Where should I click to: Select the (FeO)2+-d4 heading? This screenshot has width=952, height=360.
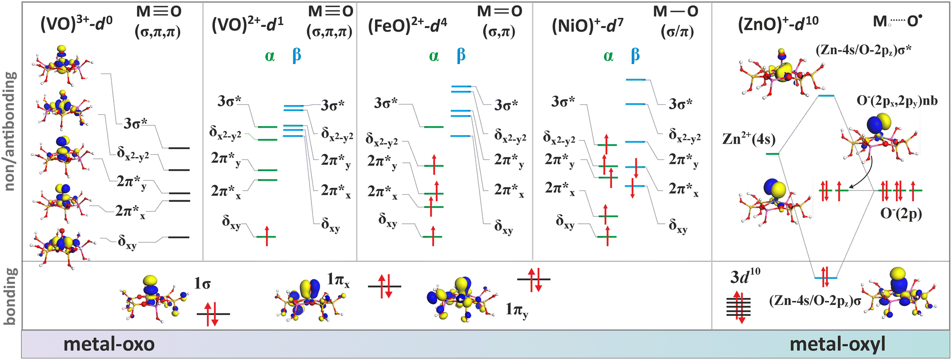pos(407,26)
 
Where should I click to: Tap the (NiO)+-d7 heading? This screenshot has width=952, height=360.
pos(587,26)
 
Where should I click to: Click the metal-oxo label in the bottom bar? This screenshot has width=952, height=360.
pos(109,344)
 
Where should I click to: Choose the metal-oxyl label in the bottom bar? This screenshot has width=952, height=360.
pos(837,344)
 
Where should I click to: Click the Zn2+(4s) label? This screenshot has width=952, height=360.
pos(749,139)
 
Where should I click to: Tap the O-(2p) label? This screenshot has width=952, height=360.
pos(901,213)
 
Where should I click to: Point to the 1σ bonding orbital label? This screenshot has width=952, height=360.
pos(202,284)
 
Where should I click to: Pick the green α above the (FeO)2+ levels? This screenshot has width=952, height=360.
pos(434,56)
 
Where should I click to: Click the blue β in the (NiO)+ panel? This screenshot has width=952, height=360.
pos(635,55)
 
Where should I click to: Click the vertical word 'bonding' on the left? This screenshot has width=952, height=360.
pos(11,295)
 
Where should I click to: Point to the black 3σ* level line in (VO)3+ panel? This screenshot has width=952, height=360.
pos(179,148)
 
